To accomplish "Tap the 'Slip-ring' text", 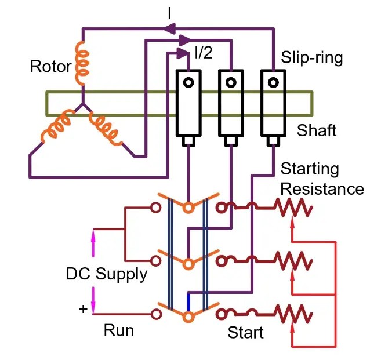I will click(x=312, y=58).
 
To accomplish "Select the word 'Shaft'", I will click(x=316, y=130).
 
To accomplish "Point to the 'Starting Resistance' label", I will click(x=322, y=179).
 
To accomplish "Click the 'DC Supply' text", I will click(x=106, y=273).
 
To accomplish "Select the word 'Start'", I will click(x=245, y=333).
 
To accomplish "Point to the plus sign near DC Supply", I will click(x=82, y=309).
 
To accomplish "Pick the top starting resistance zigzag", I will click(x=293, y=208).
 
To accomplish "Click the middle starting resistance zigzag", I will click(x=293, y=261).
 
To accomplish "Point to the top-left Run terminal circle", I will click(x=155, y=208).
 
